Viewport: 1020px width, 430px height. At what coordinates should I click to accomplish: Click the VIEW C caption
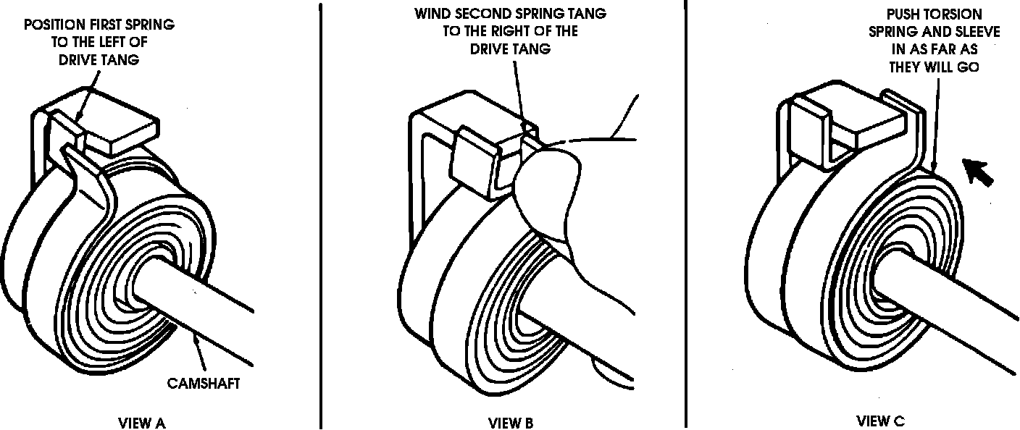pos(880,421)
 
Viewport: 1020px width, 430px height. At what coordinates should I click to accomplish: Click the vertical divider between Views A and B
pos(320,217)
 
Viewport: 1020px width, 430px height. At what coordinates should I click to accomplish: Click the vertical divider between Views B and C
pos(686,217)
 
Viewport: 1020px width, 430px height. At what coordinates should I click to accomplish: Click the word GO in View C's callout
pos(970,66)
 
